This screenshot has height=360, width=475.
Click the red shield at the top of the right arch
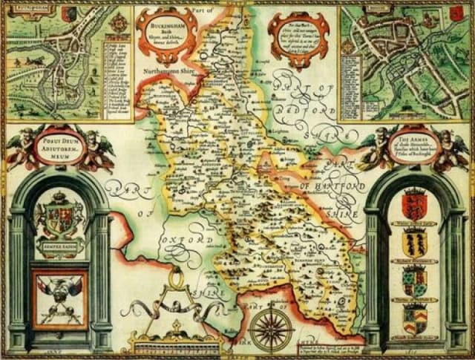click(413, 203)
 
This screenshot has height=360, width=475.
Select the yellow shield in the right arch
click(413, 242)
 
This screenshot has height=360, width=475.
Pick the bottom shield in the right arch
click(413, 318)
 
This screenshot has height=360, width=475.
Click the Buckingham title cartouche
click(166, 33)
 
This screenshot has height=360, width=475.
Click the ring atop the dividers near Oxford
click(177, 278)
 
